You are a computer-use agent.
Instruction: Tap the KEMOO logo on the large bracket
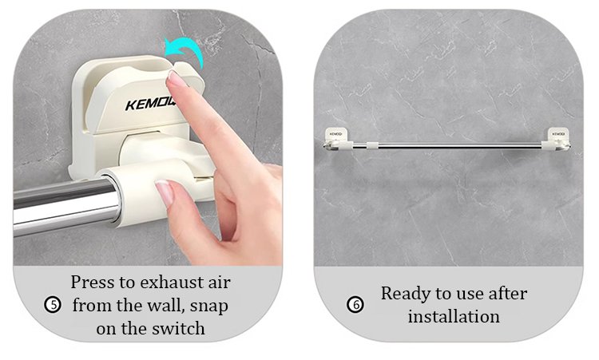coord(150,104)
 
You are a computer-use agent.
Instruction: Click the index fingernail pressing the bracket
coord(176,78)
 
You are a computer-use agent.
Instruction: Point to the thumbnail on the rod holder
coord(165,193)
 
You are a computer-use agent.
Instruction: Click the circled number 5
coord(53,305)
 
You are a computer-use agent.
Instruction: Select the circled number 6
coord(355,305)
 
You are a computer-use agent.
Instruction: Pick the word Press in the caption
coord(93,283)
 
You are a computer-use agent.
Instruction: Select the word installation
coord(454,316)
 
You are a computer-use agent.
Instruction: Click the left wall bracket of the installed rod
coord(335,138)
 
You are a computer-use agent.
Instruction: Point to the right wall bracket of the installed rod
coord(558,138)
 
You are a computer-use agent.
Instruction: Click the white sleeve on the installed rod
coord(372,145)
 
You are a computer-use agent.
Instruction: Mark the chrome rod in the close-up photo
coord(65,206)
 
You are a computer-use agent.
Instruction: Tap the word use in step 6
coord(470,295)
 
